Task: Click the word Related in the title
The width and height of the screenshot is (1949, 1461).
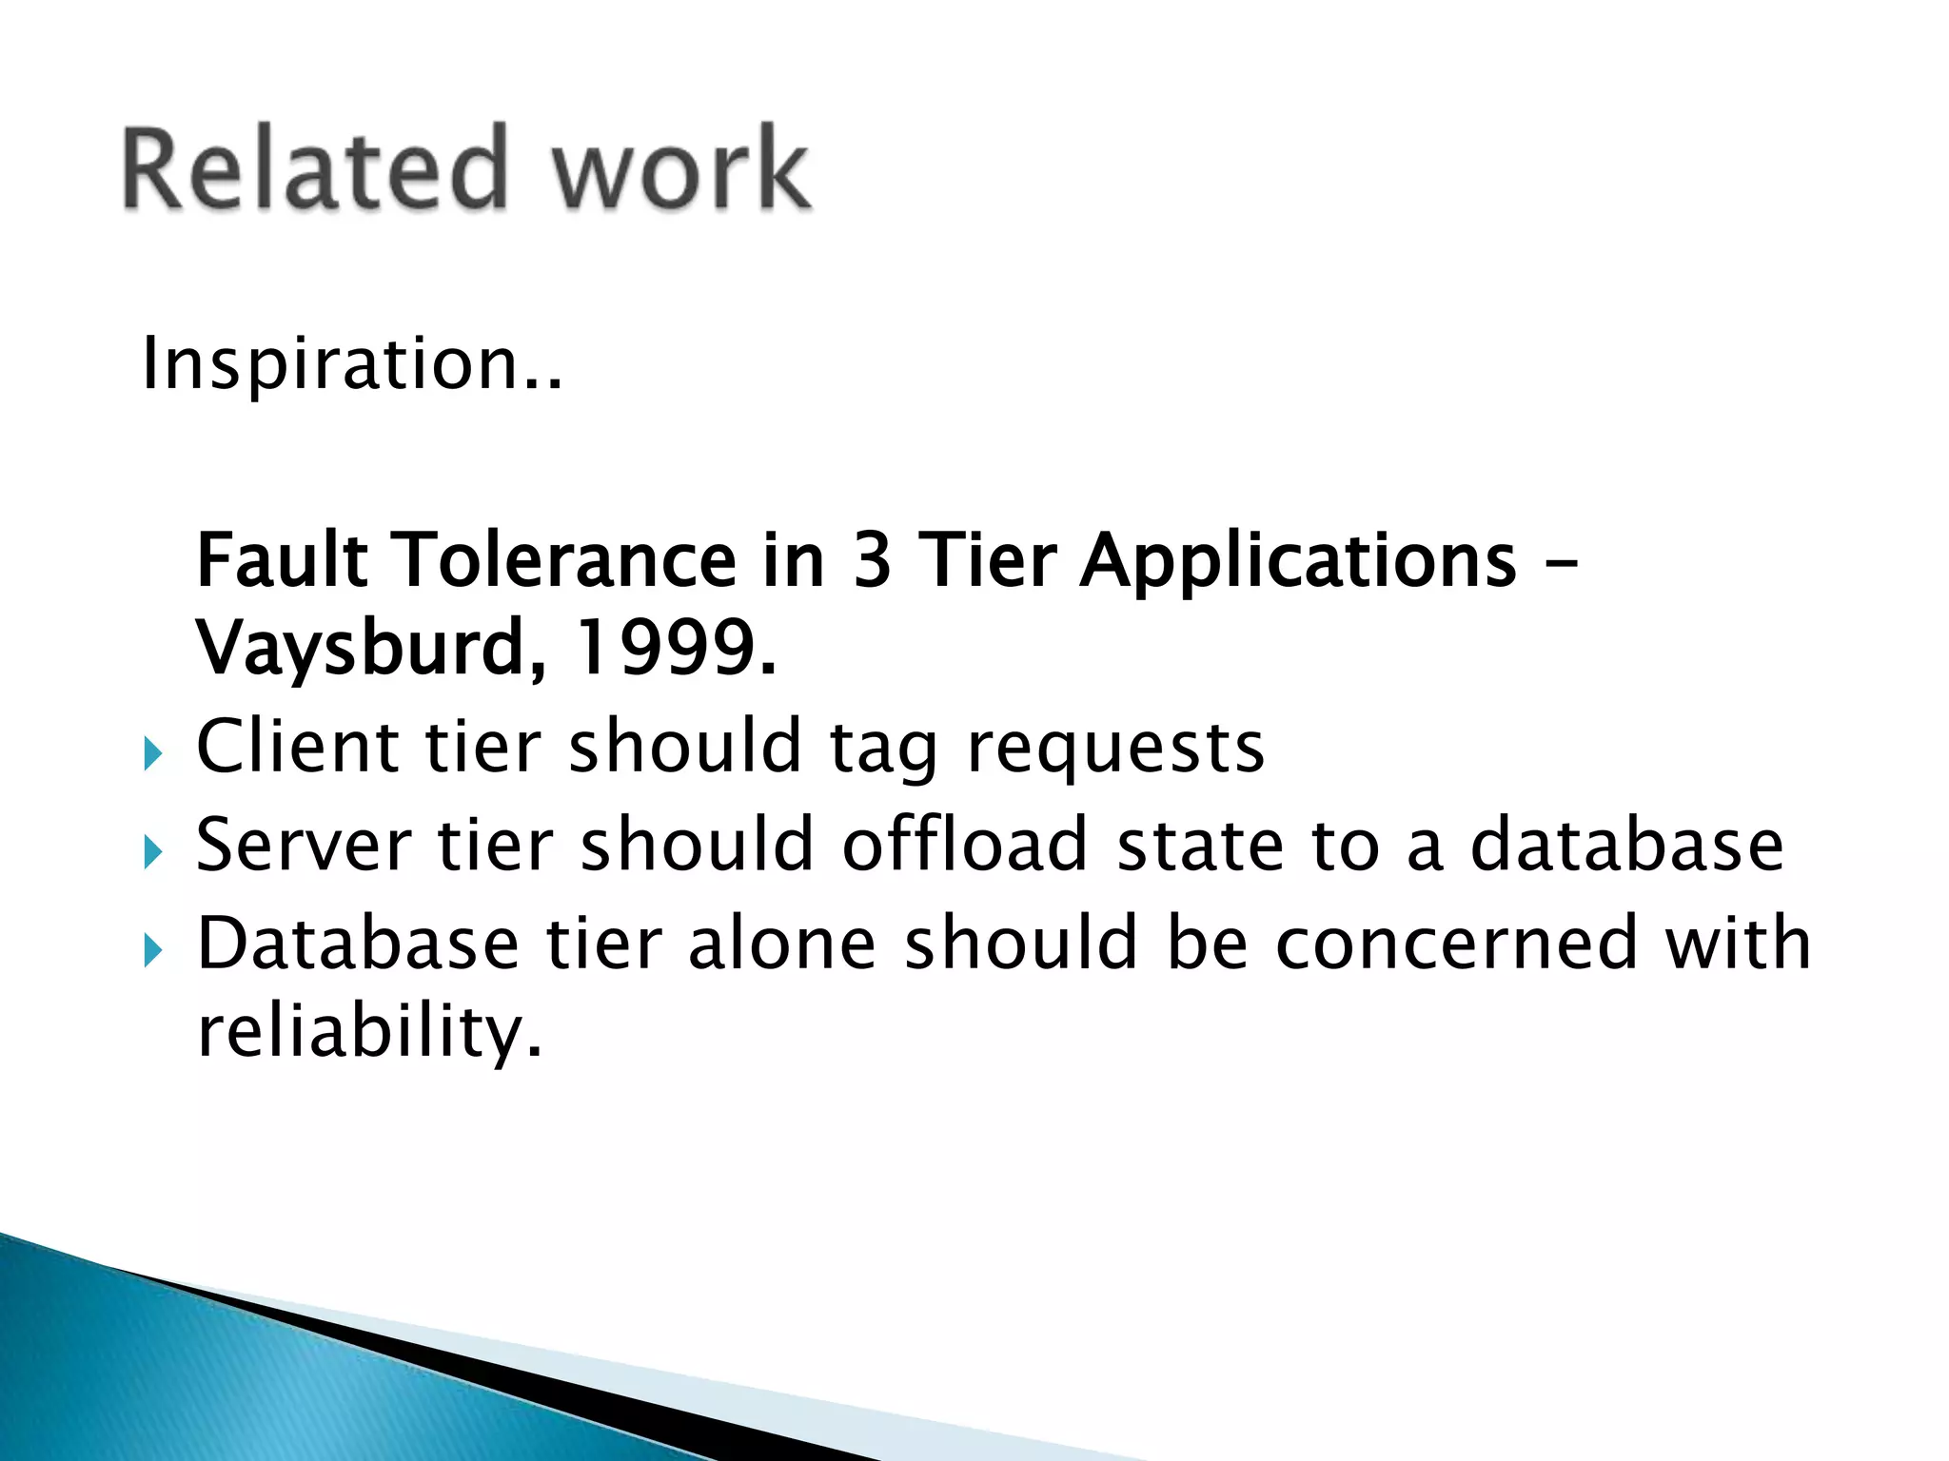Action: coord(315,168)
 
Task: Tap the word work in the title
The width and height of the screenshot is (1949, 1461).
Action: coord(681,168)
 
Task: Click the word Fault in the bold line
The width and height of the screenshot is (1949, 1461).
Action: coord(282,560)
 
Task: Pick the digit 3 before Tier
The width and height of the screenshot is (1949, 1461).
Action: coord(872,560)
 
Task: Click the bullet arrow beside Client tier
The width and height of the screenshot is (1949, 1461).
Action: coord(153,755)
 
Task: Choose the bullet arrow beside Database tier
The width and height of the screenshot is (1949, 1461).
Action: coord(153,950)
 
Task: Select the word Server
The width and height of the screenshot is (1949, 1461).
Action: coord(304,846)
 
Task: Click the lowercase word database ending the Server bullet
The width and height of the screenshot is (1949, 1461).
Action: coord(1626,844)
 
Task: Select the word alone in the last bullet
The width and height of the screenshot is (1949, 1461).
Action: coord(781,943)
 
